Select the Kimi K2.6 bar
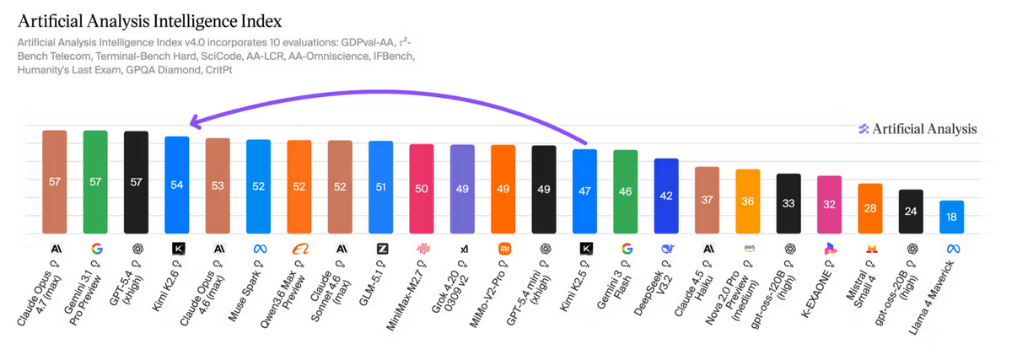[177, 185]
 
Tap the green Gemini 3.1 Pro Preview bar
[95, 181]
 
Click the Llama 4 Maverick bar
[952, 218]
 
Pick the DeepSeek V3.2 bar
[666, 196]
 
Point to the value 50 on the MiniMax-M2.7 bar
[422, 189]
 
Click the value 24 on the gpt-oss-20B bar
[911, 211]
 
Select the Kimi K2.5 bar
[584, 191]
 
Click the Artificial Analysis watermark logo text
[924, 129]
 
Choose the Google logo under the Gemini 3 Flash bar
[626, 249]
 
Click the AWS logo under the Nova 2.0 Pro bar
[748, 249]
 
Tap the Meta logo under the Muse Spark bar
[258, 249]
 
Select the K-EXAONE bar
[830, 205]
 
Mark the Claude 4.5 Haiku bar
[707, 201]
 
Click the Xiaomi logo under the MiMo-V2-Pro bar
[503, 249]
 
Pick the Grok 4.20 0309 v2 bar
[462, 189]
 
